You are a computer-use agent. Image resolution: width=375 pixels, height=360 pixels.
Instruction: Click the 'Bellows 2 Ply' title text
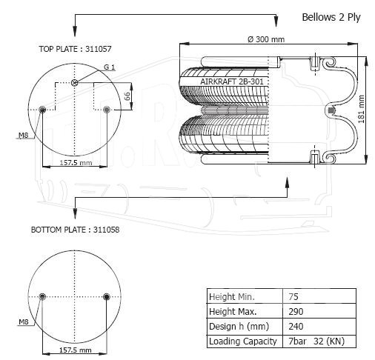[x=331, y=18]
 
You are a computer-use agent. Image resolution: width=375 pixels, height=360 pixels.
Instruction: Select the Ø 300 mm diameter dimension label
[x=266, y=39]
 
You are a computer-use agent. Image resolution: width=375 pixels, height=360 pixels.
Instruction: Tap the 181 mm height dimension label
[x=361, y=109]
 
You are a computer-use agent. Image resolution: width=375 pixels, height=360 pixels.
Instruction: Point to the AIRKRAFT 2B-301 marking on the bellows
[x=232, y=81]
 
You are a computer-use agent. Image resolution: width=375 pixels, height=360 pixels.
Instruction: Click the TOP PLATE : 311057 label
[x=75, y=49]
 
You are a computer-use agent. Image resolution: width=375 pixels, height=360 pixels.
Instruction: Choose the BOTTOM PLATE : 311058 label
[x=75, y=230]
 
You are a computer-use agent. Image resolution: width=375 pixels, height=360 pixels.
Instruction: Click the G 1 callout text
[x=110, y=67]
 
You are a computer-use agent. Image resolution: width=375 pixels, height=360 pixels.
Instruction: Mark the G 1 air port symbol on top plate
[x=75, y=83]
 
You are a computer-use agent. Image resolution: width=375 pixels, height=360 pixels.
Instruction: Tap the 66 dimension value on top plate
[x=127, y=96]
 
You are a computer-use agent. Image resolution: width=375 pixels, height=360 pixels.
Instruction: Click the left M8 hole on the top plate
[x=42, y=109]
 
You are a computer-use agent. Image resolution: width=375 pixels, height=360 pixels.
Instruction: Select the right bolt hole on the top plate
[x=107, y=109]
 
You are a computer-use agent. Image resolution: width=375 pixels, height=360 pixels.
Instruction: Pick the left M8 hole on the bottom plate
[x=42, y=296]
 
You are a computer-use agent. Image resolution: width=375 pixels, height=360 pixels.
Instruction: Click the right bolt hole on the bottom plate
[x=107, y=296]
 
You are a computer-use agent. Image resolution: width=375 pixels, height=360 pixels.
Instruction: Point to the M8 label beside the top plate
[x=24, y=135]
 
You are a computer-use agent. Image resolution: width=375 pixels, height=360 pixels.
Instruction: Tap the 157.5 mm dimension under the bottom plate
[x=76, y=350]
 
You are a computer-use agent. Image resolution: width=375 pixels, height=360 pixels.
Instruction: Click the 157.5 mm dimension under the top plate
[x=76, y=163]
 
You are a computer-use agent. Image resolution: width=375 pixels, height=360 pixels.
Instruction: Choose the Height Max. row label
[x=233, y=311]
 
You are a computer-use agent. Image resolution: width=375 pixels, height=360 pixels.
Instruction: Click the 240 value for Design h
[x=296, y=327]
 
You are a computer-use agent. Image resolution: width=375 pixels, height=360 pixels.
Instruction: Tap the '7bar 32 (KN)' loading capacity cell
[x=316, y=341]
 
